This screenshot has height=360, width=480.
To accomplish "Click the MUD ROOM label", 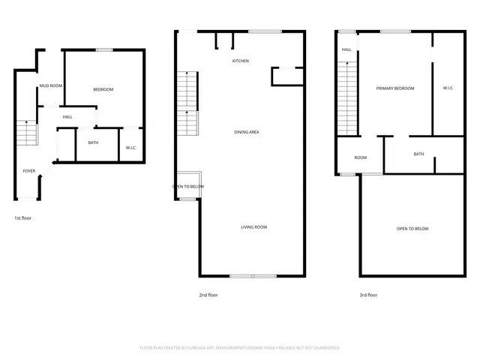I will (51, 86).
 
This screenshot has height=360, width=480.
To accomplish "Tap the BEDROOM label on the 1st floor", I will (103, 90).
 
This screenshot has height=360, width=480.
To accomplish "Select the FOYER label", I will (28, 171).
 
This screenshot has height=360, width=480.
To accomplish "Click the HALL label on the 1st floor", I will (67, 117).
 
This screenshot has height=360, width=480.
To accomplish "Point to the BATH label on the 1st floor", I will (93, 142).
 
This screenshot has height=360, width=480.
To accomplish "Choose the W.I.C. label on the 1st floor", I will (130, 148).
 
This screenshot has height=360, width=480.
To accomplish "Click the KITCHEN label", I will (240, 61).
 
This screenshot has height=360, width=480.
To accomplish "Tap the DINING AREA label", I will (247, 132).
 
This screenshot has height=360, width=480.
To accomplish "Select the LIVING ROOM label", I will (253, 226).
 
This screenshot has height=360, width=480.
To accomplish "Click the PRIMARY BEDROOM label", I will (395, 88).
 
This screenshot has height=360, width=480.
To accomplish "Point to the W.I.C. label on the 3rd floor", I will (448, 88).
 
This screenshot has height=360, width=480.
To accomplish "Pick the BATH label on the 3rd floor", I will (418, 154).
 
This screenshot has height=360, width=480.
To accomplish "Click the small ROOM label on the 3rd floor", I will (361, 157).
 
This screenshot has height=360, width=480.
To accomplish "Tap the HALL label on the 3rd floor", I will (346, 50).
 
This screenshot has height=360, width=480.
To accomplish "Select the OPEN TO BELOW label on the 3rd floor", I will (412, 228).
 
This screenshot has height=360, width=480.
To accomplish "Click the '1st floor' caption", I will (23, 217).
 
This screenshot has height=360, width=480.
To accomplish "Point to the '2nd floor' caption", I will (208, 295).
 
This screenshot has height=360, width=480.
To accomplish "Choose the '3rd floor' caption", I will (368, 295).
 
